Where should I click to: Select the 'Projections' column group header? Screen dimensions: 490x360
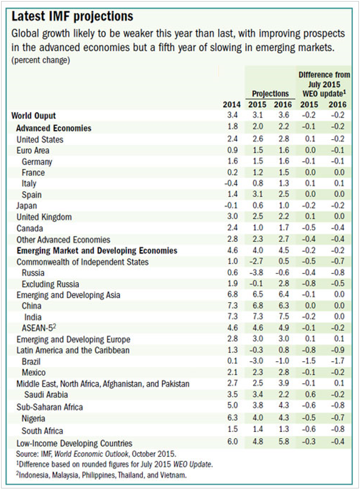tap(270, 94)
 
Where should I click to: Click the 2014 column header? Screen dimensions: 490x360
tap(232, 105)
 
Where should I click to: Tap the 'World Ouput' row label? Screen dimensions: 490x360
tap(33, 116)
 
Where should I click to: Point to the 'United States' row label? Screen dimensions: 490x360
tap(40, 140)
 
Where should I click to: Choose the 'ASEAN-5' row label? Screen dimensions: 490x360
tap(41, 328)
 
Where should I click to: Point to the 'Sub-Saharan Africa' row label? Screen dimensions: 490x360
tap(50, 407)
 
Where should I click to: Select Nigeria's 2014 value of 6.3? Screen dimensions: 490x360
tap(232, 418)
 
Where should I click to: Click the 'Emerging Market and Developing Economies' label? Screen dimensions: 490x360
tap(97, 251)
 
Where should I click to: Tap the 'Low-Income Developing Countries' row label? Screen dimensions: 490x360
tap(74, 443)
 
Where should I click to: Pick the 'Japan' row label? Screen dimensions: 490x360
tap(27, 206)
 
